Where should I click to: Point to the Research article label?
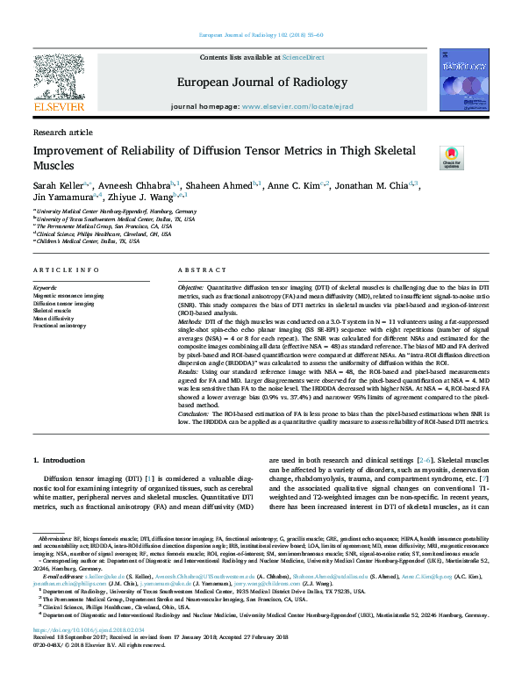[62, 132]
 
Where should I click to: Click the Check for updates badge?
[451, 158]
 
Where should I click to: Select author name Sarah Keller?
[57, 186]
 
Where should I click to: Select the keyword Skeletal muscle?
[53, 311]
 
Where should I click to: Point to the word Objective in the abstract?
[190, 289]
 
